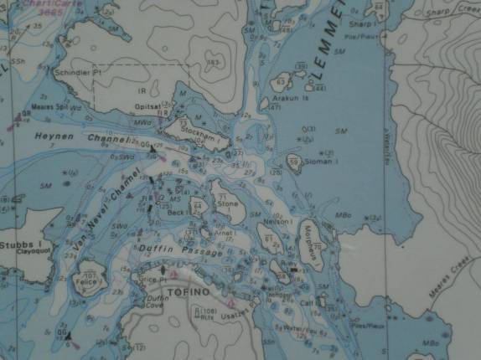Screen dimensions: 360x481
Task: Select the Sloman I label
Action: click(x=323, y=161)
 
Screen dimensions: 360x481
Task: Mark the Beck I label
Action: click(x=176, y=213)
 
